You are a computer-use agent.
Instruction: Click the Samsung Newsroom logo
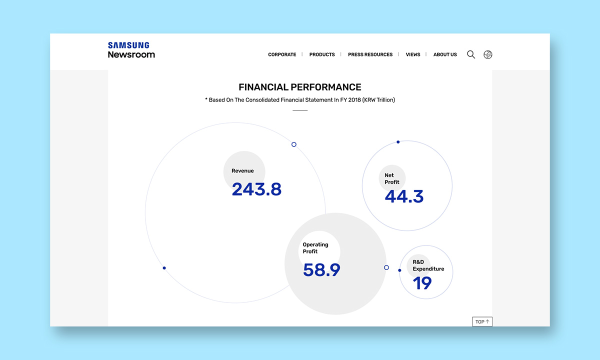pyautogui.click(x=131, y=50)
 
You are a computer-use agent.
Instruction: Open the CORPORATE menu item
pyautogui.click(x=282, y=54)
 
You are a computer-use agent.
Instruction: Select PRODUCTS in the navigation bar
pyautogui.click(x=322, y=54)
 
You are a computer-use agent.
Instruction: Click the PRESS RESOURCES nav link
pyautogui.click(x=370, y=54)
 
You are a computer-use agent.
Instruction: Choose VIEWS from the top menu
pyautogui.click(x=413, y=54)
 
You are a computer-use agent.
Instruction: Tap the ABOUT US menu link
pyautogui.click(x=445, y=54)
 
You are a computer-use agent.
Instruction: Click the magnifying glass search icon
pyautogui.click(x=471, y=54)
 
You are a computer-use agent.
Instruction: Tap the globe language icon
pyautogui.click(x=488, y=54)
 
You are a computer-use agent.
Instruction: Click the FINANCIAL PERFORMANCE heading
pyautogui.click(x=299, y=87)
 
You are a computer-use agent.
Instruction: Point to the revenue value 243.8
pyautogui.click(x=256, y=189)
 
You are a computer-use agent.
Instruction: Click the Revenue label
pyautogui.click(x=242, y=170)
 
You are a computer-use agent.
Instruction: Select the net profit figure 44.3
pyautogui.click(x=404, y=196)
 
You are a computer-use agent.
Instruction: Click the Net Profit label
pyautogui.click(x=392, y=178)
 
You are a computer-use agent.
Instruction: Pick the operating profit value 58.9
pyautogui.click(x=321, y=269)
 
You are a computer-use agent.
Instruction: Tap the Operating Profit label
pyautogui.click(x=315, y=248)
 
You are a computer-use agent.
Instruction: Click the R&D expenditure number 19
pyautogui.click(x=422, y=283)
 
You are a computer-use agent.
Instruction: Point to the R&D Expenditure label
pyautogui.click(x=428, y=265)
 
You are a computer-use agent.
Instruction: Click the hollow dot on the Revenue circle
pyautogui.click(x=294, y=144)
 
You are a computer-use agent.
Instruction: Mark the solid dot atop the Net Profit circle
pyautogui.click(x=398, y=142)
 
